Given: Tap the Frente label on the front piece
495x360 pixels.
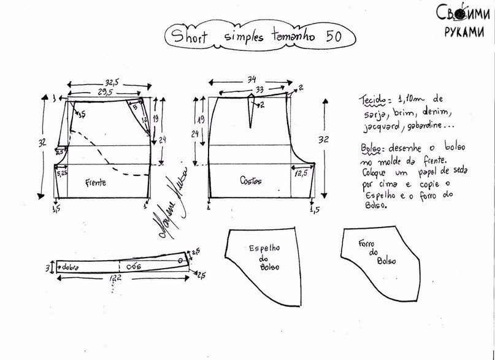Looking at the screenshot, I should coord(97,182).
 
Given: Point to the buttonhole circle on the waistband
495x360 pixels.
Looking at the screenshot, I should coord(180,260).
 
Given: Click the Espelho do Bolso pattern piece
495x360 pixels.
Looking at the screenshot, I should coord(265,258).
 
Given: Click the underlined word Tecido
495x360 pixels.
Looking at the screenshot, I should coord(372,100).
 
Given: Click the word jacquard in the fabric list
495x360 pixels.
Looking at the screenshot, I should coord(377,127).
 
